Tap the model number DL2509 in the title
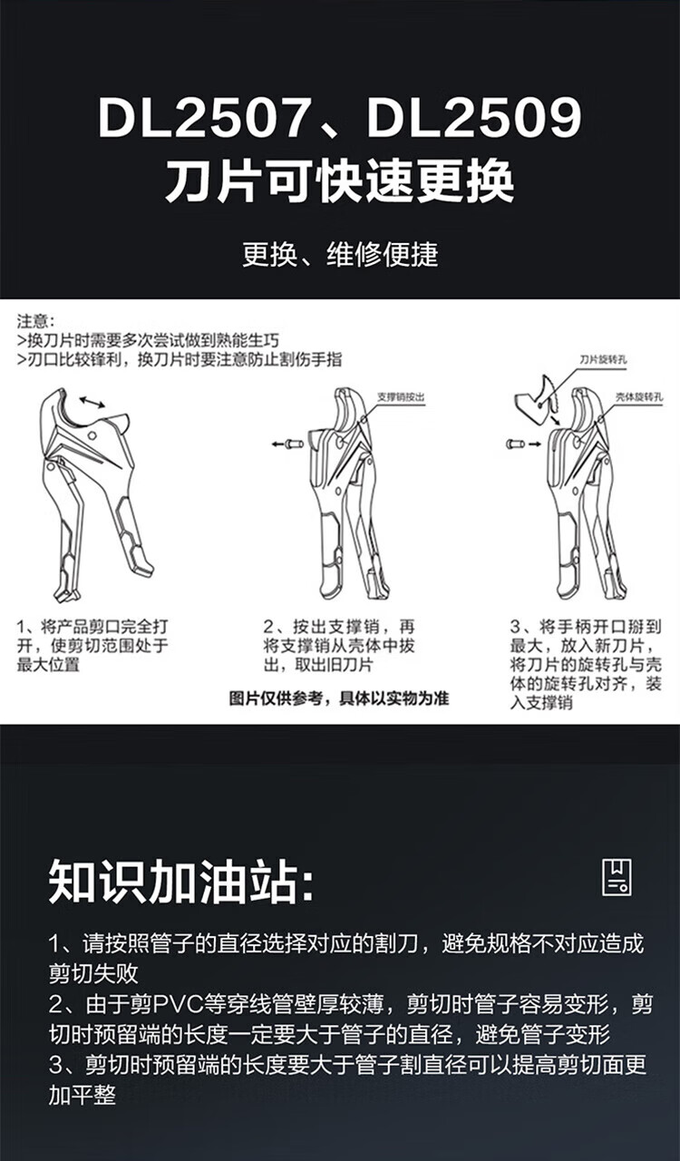pyautogui.click(x=474, y=118)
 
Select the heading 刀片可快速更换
pyautogui.click(x=340, y=181)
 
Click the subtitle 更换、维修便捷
pyautogui.click(x=341, y=255)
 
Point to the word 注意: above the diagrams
pyautogui.click(x=35, y=321)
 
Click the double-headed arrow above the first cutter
pyautogui.click(x=92, y=403)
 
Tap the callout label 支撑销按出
pyautogui.click(x=401, y=397)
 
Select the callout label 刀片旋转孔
pyautogui.click(x=603, y=360)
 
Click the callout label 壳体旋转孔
pyautogui.click(x=639, y=397)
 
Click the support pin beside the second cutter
pyautogui.click(x=296, y=444)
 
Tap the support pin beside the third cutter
pyautogui.click(x=516, y=444)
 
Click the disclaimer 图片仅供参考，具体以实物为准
pyautogui.click(x=339, y=698)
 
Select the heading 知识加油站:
pyautogui.click(x=181, y=881)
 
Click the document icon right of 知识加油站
pyautogui.click(x=617, y=877)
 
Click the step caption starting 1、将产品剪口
pyautogui.click(x=92, y=646)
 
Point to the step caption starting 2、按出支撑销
pyautogui.click(x=339, y=646)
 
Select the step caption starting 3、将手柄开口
pyautogui.click(x=586, y=665)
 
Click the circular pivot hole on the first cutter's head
pyautogui.click(x=92, y=435)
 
